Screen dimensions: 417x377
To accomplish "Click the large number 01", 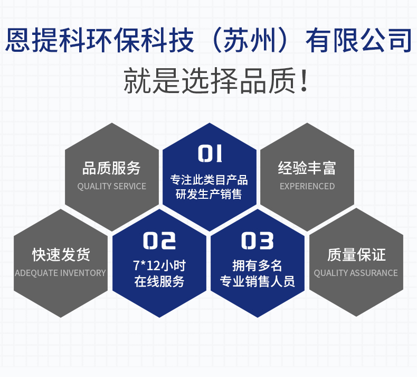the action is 210,153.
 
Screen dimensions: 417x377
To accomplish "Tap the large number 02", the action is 159,241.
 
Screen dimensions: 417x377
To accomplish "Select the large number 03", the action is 257,241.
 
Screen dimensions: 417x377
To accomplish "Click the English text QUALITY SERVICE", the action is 112,186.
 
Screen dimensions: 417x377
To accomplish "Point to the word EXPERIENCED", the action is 307,186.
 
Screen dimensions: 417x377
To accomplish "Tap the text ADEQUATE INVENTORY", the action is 60,273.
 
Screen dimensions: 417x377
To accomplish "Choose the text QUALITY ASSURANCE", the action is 356,273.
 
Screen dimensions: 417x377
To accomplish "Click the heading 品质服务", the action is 111,168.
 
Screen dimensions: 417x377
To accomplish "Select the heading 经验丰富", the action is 307,168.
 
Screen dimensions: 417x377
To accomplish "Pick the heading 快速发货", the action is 61,255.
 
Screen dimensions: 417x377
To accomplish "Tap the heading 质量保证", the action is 356,255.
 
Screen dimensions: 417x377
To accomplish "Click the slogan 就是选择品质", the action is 210,81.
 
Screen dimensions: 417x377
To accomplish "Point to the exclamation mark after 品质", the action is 304,81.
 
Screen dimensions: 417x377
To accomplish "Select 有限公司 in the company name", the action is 359,40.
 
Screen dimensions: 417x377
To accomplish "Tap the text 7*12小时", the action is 159,265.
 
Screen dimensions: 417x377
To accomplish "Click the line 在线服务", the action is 159,281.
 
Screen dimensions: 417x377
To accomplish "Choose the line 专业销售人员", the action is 257,281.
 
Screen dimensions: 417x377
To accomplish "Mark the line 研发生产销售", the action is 209,194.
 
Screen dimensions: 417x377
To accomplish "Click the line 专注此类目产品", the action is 209,180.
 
